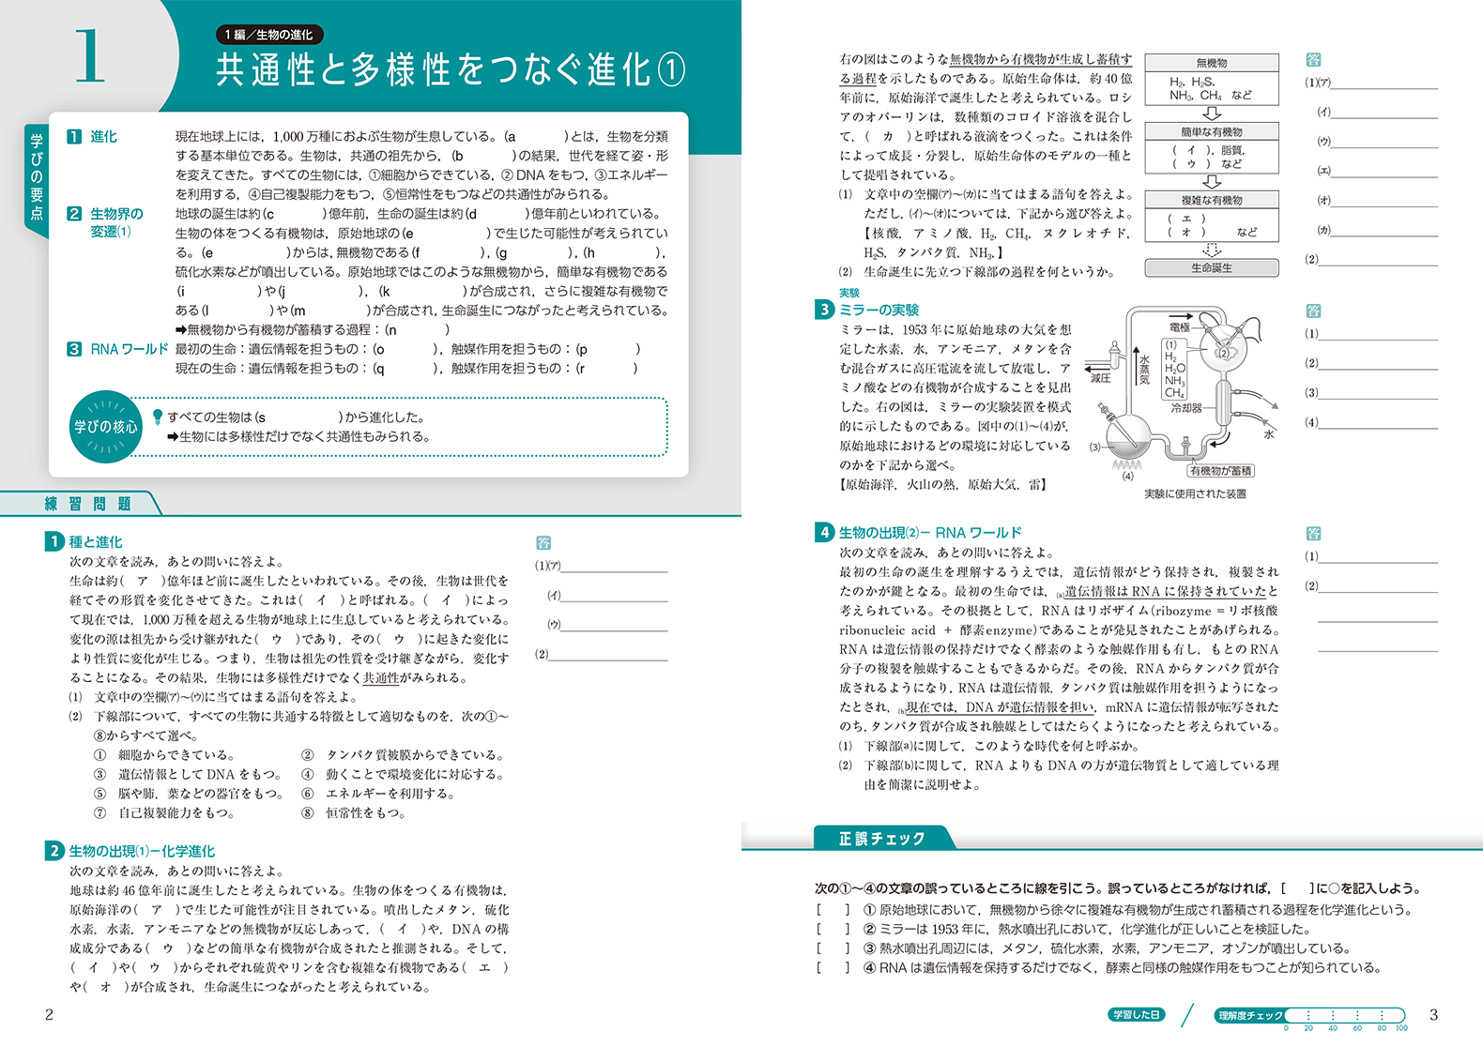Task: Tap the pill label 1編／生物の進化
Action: click(268, 35)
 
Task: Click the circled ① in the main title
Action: click(670, 70)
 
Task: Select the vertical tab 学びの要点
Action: click(37, 177)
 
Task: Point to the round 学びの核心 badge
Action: click(105, 427)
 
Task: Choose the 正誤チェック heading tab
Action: click(881, 839)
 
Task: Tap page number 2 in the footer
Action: click(50, 1014)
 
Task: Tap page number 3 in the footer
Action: click(1432, 1014)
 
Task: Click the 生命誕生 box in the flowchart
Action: click(1212, 268)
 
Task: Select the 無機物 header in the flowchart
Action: click(1212, 63)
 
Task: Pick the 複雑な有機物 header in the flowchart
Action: click(1212, 200)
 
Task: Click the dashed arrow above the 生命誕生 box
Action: click(1212, 250)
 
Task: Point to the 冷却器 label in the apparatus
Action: click(1186, 408)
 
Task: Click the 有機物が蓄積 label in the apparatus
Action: click(1220, 471)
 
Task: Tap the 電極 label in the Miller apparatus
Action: click(1179, 327)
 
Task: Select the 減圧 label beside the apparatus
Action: click(1100, 378)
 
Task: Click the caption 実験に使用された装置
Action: click(1195, 493)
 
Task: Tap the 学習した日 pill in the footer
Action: click(1136, 1015)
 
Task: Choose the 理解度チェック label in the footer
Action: click(1250, 1015)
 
